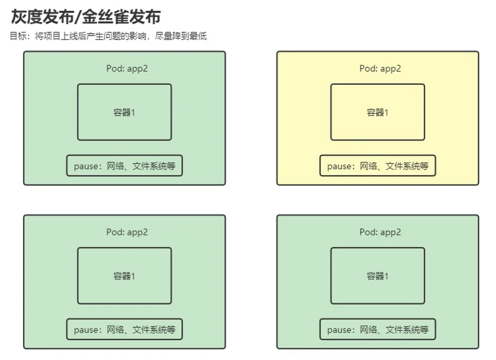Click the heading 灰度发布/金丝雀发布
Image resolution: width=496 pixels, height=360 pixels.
[85, 17]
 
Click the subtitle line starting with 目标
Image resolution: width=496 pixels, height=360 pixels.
[108, 36]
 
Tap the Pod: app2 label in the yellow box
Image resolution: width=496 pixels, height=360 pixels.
[380, 69]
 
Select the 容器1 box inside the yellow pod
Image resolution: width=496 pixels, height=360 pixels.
[377, 112]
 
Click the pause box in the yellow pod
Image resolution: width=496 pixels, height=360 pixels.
[377, 166]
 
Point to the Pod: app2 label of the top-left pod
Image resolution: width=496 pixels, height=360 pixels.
[127, 69]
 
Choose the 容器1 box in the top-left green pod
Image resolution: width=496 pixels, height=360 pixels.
[124, 112]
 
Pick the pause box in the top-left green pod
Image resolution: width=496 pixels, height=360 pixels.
[124, 166]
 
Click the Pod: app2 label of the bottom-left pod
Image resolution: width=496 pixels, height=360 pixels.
[127, 232]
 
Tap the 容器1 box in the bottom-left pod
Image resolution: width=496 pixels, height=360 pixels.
[124, 276]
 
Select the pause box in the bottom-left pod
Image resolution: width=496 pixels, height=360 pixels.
[124, 329]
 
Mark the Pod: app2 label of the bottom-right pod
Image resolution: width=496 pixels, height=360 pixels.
[380, 232]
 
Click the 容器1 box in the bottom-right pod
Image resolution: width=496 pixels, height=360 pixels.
[377, 276]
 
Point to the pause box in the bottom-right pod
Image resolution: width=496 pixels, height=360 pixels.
[377, 329]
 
